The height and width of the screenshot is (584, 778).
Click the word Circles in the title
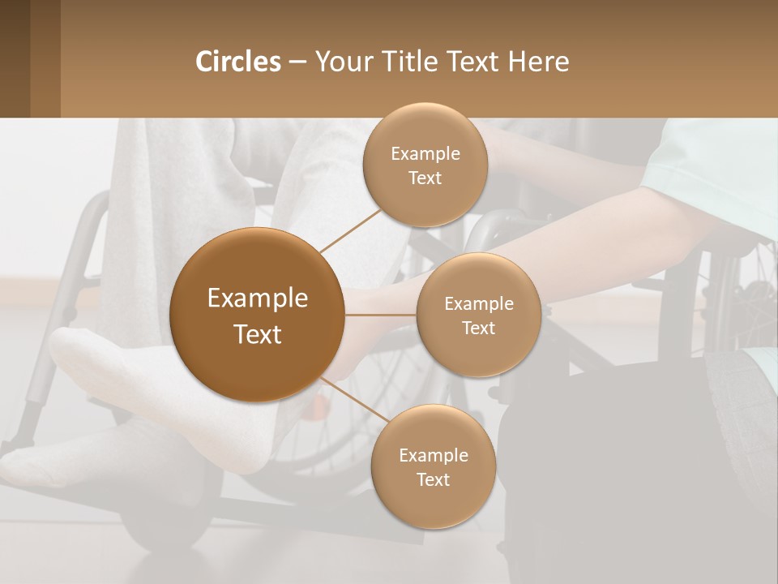point(238,62)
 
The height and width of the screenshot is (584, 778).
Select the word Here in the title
point(539,62)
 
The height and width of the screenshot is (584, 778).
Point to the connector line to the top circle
point(350,228)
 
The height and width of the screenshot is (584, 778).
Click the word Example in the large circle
point(257,298)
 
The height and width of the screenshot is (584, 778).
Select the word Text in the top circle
point(425,178)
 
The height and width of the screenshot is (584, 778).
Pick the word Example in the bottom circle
point(433,455)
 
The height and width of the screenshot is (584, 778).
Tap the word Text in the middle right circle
point(478,328)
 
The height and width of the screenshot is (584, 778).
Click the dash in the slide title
point(297,62)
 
